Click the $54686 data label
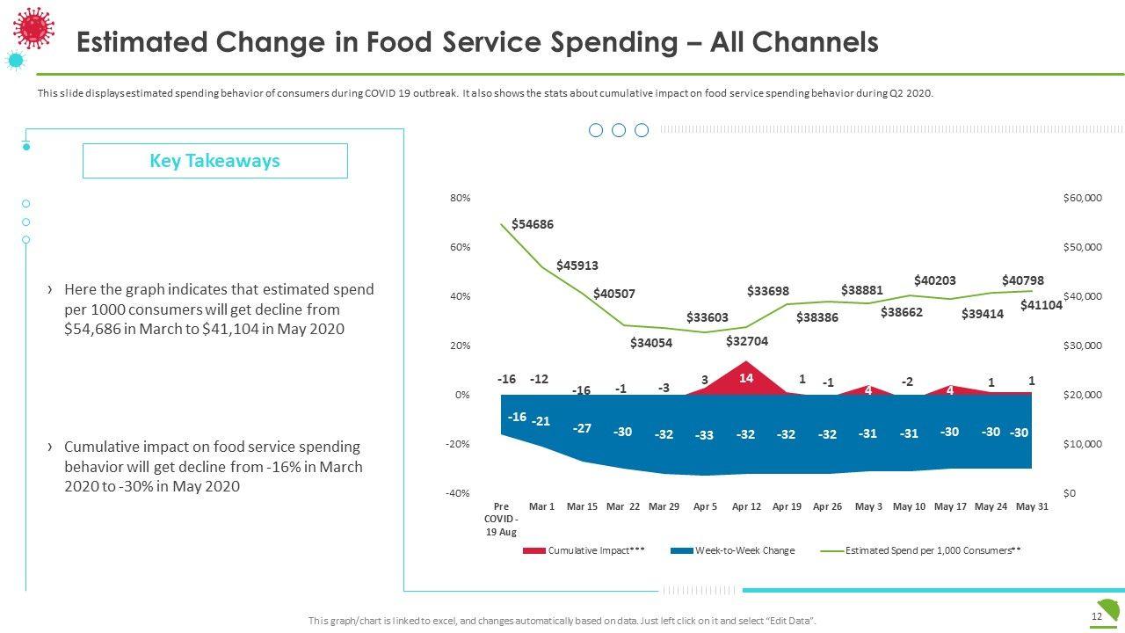[533, 224]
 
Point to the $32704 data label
[747, 342]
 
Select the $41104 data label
[1042, 305]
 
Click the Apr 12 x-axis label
[746, 506]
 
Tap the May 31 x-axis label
[1031, 506]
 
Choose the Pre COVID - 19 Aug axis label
[501, 519]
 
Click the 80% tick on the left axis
[461, 198]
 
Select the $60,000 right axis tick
[1082, 198]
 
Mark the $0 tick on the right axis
[1070, 493]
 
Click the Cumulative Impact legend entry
[584, 550]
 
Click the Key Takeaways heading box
[215, 161]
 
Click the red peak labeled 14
[745, 378]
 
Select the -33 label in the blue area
[704, 435]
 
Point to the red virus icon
[34, 26]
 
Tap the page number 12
[1096, 617]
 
